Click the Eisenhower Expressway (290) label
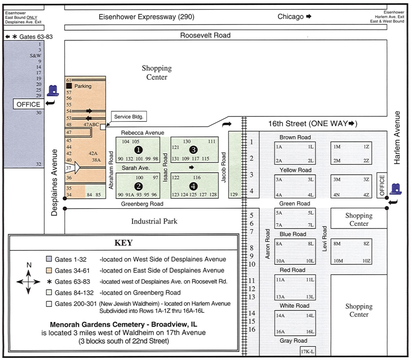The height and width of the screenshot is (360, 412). pos(146,17)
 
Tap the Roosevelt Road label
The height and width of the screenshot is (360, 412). pos(205,35)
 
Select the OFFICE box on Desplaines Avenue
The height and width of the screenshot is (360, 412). pos(28,104)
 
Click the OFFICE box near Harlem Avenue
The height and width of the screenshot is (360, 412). pos(382,185)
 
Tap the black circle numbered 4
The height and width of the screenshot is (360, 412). pos(194,186)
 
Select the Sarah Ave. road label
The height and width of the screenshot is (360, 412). pos(136,168)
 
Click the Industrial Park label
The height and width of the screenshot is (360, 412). pos(154,221)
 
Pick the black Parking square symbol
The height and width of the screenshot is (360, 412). pos(69,86)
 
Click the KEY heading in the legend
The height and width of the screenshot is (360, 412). pos(123,243)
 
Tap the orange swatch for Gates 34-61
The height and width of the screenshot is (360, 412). pos(49,270)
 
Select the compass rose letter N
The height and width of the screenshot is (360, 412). pos(29,265)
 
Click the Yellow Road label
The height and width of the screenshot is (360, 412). pos(295,170)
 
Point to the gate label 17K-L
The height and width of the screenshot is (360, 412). pos(307,352)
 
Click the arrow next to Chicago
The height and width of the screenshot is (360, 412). pos(309,17)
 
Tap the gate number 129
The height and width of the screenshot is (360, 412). pos(233,195)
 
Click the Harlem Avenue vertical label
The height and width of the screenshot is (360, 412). pos(398,137)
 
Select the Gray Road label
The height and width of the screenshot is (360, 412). pos(293,341)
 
